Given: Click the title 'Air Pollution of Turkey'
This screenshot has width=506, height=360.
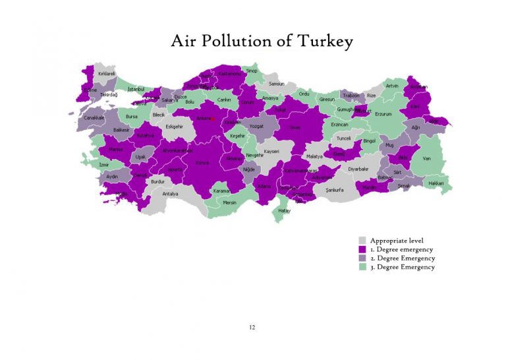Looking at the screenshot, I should coord(262,42).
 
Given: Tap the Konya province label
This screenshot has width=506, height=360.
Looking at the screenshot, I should coord(202,162).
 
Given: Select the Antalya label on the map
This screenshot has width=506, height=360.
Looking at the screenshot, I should coord(170,194).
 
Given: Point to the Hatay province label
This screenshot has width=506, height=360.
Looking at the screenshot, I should coord(284,210).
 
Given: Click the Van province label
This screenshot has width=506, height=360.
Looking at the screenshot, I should coord(426,158).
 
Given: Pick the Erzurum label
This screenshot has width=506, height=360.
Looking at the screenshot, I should coord(383,114).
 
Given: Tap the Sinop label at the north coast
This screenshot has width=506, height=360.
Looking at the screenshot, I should coord(252,71).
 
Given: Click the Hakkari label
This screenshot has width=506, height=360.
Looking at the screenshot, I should coord(436,183).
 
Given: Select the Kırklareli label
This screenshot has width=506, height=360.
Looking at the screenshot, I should coord(107,74).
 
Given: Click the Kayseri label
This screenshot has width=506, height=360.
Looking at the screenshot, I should coord(271,151).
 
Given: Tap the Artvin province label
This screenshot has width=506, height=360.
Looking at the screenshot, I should coord(392,86).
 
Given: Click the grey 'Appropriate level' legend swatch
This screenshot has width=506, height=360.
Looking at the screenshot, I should coord(362,241).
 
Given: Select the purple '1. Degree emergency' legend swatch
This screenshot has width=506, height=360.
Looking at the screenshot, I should coord(362,250).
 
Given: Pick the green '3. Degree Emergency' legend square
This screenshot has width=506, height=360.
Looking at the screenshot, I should coord(362,267).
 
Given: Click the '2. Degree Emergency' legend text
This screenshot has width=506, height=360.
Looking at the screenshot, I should coord(402,258).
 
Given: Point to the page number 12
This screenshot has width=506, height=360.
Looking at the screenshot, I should coord(252,327).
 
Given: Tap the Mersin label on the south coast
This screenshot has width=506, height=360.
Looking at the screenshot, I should coord(229,202).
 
